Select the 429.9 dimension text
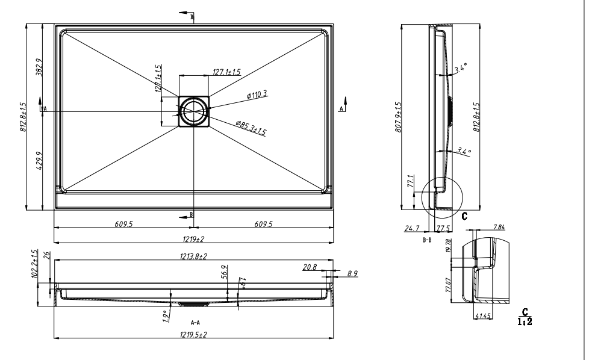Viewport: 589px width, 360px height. coord(39,161)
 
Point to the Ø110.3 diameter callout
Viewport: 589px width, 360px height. coord(257,95)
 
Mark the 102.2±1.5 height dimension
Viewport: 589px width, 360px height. coord(34,264)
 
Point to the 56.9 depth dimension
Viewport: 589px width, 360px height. coord(224,272)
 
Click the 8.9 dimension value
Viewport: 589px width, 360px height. coord(352,273)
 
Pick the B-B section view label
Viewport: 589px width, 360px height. coord(427,239)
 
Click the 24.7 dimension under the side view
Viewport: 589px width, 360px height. coord(412,229)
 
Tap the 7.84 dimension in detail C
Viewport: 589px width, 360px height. coord(499,226)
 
